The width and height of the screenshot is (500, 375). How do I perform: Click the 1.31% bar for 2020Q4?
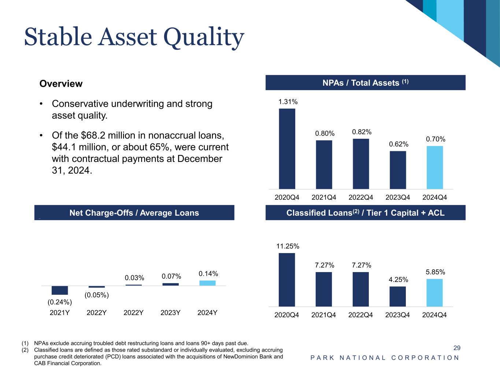tap(287, 149)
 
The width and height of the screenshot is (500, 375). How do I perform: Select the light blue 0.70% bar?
tap(434, 167)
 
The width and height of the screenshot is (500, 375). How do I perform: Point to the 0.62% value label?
tap(399, 144)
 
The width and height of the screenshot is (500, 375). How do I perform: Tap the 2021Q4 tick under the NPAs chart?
tap(324, 197)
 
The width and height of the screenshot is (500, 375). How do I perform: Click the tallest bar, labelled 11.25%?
tap(287, 280)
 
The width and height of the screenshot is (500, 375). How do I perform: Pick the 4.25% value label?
tap(398, 280)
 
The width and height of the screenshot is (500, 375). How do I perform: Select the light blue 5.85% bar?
tap(434, 293)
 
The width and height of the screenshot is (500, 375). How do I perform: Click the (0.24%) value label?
tap(60, 302)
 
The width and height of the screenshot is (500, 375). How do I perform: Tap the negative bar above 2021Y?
tap(60, 290)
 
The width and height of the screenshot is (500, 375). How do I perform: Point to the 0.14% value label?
tap(208, 274)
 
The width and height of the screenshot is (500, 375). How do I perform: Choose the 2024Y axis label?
tap(207, 313)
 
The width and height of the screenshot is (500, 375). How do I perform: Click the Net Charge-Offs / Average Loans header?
tap(134, 213)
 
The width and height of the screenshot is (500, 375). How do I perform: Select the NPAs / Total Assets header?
tap(365, 83)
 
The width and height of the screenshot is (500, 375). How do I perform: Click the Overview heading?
tap(61, 84)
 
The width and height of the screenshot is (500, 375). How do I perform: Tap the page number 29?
tap(457, 348)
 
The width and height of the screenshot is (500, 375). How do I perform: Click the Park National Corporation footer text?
tap(385, 358)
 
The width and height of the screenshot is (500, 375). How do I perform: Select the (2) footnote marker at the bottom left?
tap(25, 350)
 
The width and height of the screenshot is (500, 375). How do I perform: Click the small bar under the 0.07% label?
tap(171, 284)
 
